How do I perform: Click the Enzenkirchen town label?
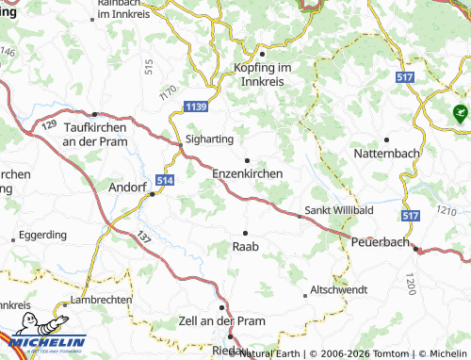[249, 174]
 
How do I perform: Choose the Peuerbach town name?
[382, 242]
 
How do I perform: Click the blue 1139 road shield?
[196, 107]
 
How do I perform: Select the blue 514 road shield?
[166, 179]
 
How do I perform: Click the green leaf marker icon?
[460, 115]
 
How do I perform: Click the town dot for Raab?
[246, 232]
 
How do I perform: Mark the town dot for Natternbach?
[386, 139]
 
